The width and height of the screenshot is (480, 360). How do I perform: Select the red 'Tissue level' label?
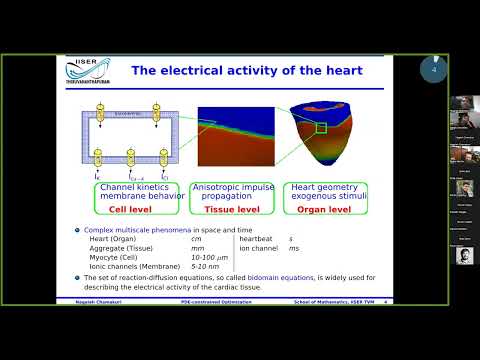[x=231, y=210]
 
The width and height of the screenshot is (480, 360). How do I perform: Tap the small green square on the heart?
[x=320, y=127]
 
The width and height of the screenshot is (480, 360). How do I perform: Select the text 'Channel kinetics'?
[x=133, y=187]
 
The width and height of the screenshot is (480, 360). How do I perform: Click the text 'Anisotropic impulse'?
[x=233, y=187]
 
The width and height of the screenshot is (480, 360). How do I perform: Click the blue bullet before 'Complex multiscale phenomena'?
[x=76, y=230]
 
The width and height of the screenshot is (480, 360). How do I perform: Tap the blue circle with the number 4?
[x=433, y=70]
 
